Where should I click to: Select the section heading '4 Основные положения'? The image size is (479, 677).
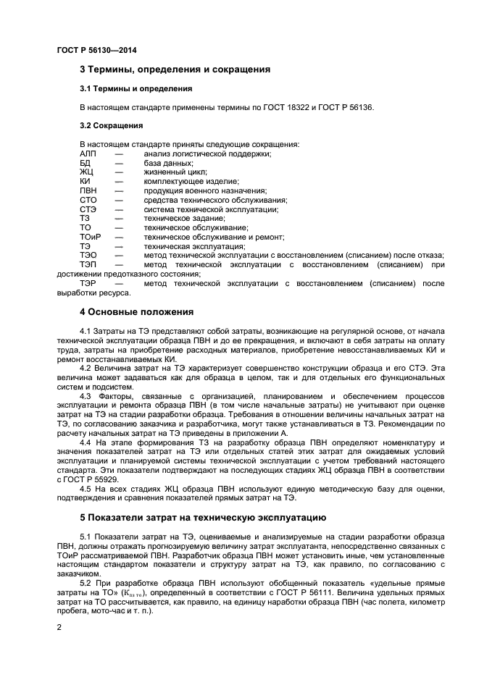coord(136,312)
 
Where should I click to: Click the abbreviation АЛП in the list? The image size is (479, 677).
coord(88,154)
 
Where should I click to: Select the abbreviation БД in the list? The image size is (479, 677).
coord(85,163)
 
